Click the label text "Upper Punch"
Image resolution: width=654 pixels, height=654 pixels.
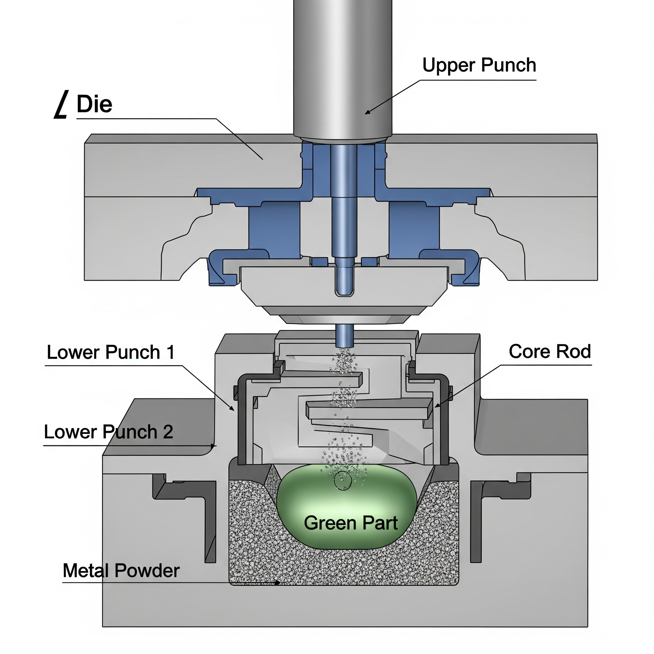coord(479,65)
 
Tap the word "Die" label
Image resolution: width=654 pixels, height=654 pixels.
coord(94,104)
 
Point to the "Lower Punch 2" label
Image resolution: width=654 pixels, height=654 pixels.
coord(108,432)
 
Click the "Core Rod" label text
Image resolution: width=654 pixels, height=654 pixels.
coord(550,351)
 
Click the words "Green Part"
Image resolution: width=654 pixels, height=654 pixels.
coord(350,523)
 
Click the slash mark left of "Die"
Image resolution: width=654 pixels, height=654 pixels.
coord(61,104)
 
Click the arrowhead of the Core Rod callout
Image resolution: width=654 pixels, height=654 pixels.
coord(437,406)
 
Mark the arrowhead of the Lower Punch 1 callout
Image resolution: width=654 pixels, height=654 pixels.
coord(233,409)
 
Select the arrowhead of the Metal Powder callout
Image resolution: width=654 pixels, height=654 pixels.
coord(278,582)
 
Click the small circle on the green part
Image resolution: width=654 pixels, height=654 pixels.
coord(343,480)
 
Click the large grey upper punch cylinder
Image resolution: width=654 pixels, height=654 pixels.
coord(343,68)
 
